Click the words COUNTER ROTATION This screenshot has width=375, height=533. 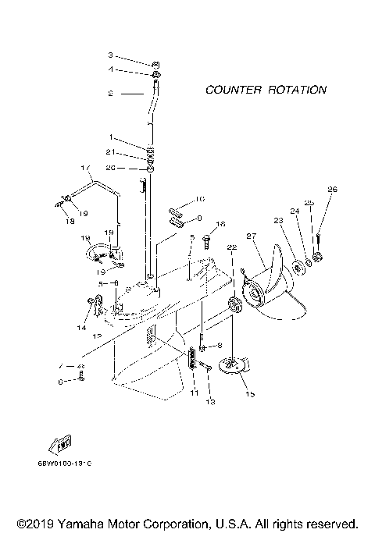(x=266, y=90)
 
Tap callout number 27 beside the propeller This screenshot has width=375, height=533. (x=252, y=235)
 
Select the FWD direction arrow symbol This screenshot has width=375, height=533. (x=61, y=446)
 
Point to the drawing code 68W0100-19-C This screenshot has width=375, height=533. (x=64, y=464)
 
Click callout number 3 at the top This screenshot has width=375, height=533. (x=111, y=55)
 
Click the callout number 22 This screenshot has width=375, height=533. (x=231, y=247)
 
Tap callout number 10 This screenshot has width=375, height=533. (x=199, y=199)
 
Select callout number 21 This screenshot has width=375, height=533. (x=112, y=151)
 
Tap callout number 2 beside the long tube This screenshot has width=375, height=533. (x=111, y=93)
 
